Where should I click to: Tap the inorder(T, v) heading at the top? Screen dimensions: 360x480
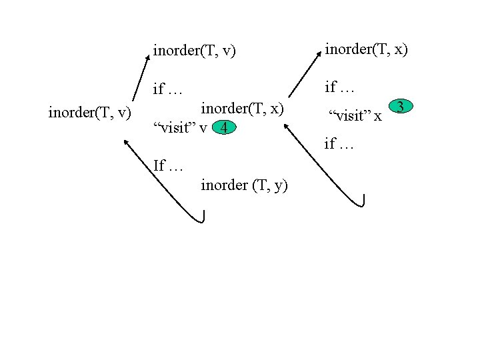195,51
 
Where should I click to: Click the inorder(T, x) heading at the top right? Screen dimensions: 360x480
366,48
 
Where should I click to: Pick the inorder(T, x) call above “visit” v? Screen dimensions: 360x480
243,108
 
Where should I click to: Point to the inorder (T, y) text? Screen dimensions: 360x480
244,185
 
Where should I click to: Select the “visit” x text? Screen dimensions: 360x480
355,117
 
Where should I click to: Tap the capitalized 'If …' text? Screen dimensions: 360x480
168,165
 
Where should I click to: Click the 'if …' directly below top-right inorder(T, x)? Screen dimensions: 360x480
339,87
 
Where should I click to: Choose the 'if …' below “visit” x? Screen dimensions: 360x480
339,143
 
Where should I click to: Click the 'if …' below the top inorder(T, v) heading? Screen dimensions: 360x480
168,89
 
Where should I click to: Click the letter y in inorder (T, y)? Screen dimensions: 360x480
277,186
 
